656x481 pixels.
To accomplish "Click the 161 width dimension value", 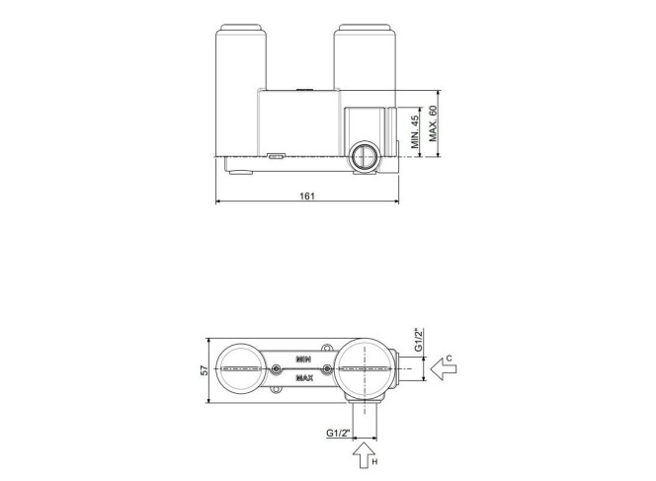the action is [x=307, y=196].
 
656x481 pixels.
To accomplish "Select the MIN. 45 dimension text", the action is [x=415, y=132].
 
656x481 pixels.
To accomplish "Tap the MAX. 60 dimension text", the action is [x=433, y=123].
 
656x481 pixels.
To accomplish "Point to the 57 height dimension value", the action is [x=205, y=370].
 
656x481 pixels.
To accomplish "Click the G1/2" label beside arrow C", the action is [x=419, y=340].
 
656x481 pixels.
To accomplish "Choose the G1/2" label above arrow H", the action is [x=338, y=433].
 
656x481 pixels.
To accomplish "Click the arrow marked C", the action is [x=444, y=369].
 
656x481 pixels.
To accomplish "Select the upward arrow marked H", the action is [x=364, y=455].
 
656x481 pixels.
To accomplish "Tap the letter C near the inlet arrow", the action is [x=449, y=358].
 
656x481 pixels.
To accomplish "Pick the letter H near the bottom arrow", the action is [x=374, y=462].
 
